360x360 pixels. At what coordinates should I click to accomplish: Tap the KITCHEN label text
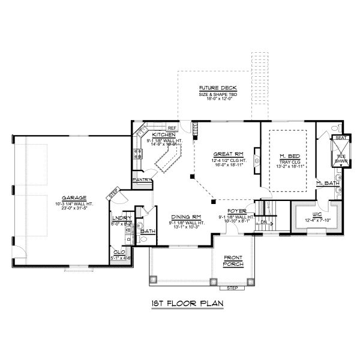163,135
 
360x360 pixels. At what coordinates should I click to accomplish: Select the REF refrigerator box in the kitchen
172,128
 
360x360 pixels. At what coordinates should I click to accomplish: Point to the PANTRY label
142,179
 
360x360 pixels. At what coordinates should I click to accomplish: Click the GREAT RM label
223,154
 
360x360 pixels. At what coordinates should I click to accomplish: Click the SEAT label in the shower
340,138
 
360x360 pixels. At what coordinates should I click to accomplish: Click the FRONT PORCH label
233,262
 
